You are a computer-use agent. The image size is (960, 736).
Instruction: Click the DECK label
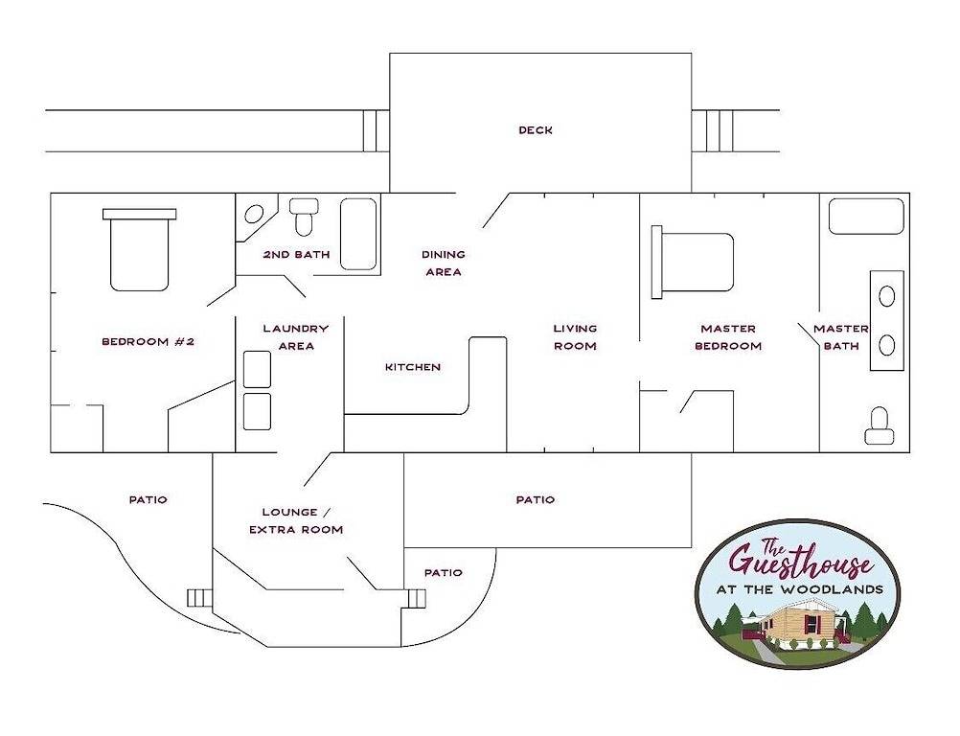pos(535,130)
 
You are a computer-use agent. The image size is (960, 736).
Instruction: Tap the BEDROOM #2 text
pos(148,341)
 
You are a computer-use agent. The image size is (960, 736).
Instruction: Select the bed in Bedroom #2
pos(140,250)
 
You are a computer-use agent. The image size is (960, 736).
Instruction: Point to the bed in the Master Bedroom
pos(693,262)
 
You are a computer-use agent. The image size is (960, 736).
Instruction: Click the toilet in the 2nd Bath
pos(305,217)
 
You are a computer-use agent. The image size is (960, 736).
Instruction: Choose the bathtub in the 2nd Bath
pos(358,234)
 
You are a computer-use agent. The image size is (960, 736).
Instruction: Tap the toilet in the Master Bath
pos(880,427)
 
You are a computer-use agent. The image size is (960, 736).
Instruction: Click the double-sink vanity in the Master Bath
pos(886,320)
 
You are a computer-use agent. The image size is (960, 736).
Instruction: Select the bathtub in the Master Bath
pos(866,217)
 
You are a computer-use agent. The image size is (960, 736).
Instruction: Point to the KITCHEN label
pos(413,367)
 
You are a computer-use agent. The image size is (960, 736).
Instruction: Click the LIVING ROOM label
pos(575,337)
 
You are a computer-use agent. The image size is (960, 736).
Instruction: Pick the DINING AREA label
pos(444,263)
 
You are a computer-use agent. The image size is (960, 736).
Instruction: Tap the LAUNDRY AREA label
pos(296,337)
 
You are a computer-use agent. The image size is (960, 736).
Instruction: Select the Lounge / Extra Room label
pos(296,520)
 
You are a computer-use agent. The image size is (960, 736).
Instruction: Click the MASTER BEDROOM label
pos(729,337)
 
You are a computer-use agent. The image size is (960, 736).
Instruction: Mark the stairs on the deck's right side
pos(713,130)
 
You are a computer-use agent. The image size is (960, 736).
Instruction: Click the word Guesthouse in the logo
pos(800,560)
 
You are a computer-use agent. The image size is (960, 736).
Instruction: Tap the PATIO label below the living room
pos(535,499)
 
